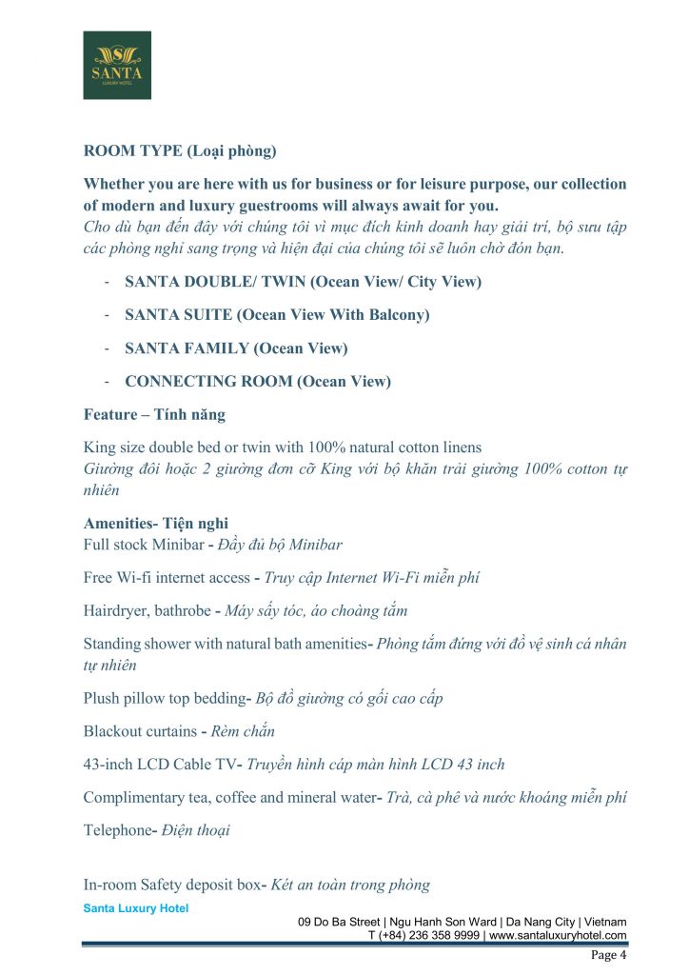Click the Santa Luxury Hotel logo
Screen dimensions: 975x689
(x=117, y=65)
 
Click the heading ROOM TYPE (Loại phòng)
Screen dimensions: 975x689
(x=180, y=150)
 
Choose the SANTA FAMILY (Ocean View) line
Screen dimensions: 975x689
(x=236, y=348)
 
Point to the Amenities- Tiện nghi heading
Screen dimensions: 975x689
(x=156, y=524)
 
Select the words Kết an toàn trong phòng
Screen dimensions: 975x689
(x=350, y=885)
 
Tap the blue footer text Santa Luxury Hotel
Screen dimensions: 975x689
(x=136, y=908)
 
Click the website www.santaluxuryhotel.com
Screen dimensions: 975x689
(x=558, y=936)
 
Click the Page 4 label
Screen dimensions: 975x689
(x=609, y=955)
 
